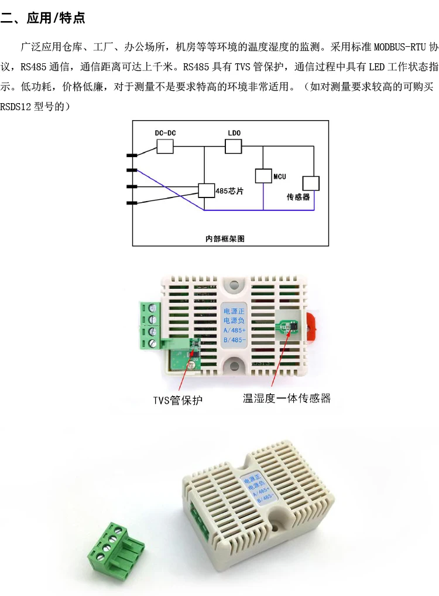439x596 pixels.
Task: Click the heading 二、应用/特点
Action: coord(44,18)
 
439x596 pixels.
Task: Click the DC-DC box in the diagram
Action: coord(166,147)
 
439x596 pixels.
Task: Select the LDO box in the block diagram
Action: coord(234,147)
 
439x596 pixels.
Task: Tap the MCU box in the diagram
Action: coord(263,176)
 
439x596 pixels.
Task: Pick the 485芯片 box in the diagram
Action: coord(206,190)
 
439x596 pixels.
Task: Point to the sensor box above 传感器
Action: coord(310,183)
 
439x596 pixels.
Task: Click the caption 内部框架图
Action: coord(224,239)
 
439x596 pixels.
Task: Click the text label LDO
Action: coord(234,133)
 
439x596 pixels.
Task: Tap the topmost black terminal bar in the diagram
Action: coord(132,155)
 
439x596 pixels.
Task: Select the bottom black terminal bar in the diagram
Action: coord(132,203)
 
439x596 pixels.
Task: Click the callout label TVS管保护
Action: coord(178,400)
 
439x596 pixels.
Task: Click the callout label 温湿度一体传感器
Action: coord(287,399)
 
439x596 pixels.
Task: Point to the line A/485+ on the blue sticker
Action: coord(235,331)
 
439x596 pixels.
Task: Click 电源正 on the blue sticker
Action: coord(235,311)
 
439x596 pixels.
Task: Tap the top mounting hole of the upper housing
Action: coord(235,285)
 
